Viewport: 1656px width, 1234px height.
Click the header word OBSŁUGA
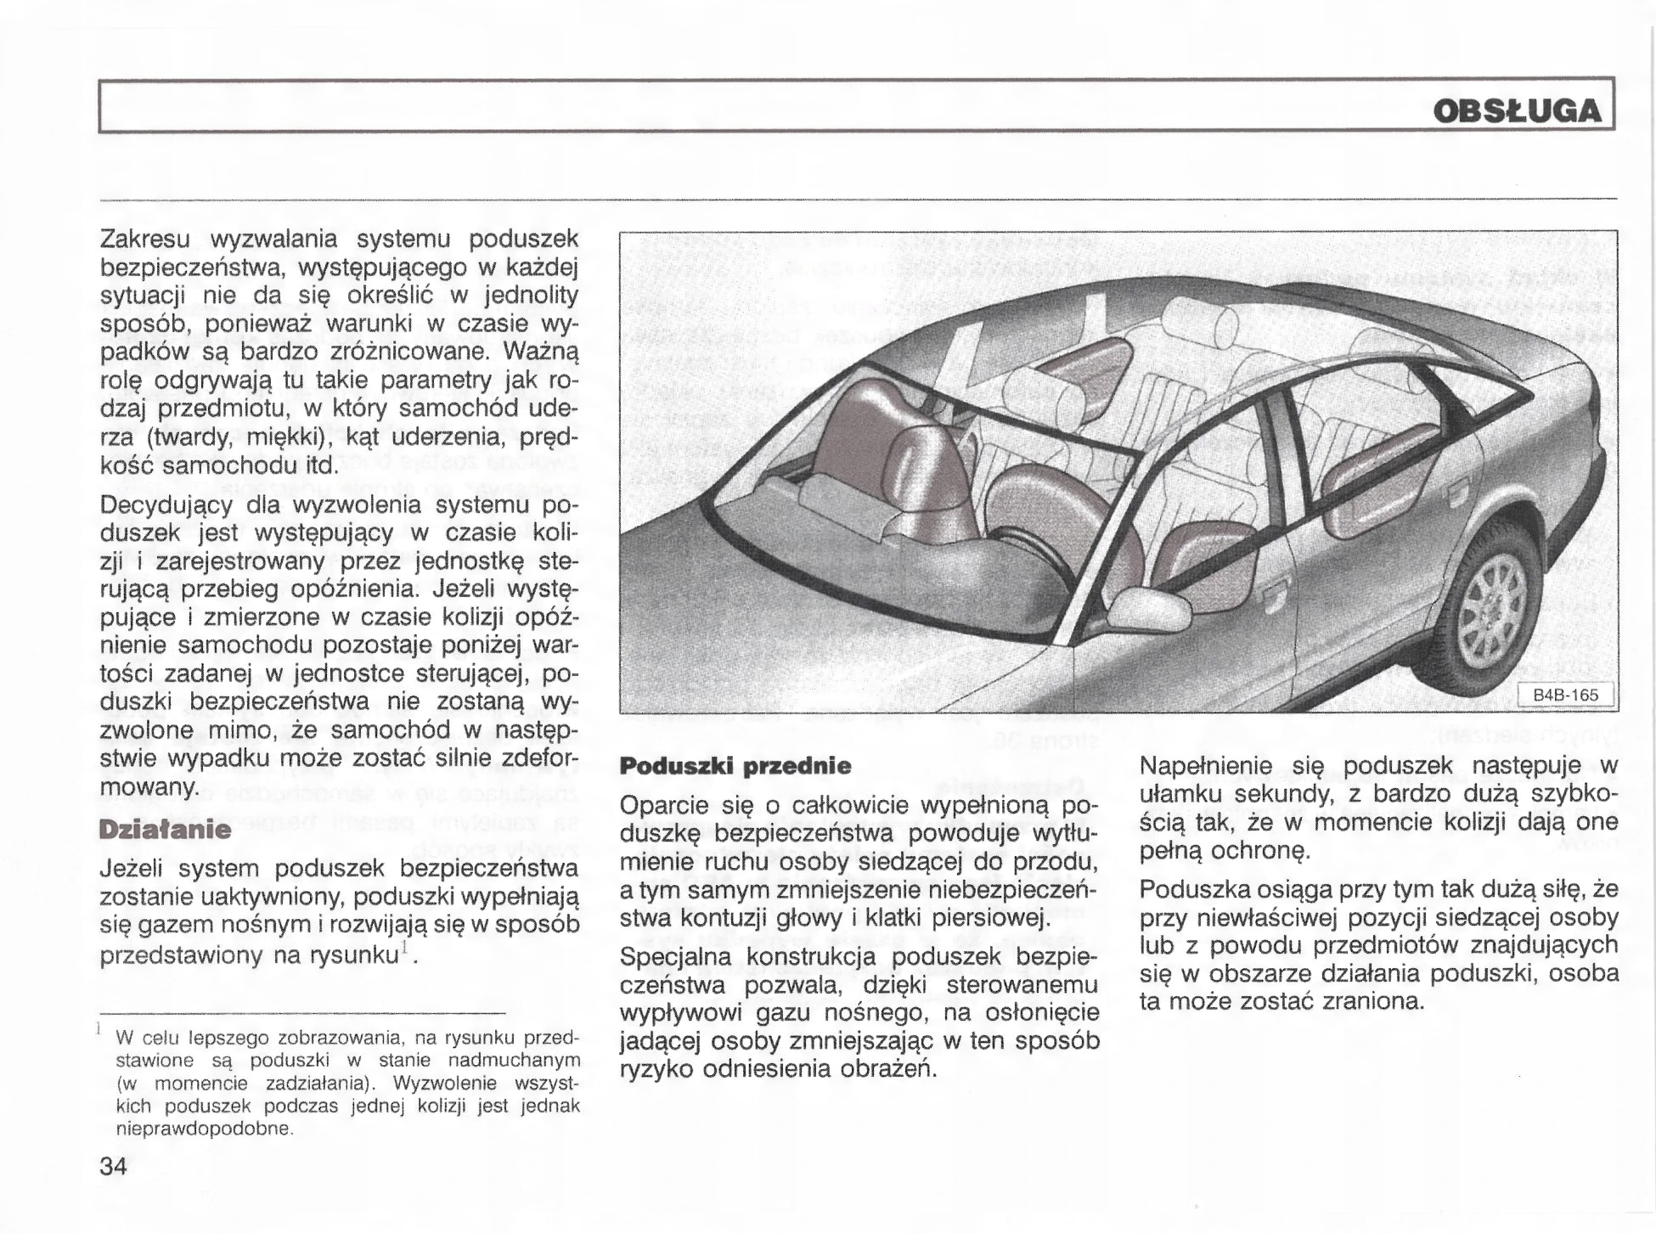[1517, 112]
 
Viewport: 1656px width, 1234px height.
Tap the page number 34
[113, 1166]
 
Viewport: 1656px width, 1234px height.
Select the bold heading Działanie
[165, 829]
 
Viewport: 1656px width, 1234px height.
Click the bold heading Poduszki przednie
[735, 766]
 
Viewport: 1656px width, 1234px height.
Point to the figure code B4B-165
[1564, 695]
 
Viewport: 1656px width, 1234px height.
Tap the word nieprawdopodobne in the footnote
[204, 1130]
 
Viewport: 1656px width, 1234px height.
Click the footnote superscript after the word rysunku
[405, 945]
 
